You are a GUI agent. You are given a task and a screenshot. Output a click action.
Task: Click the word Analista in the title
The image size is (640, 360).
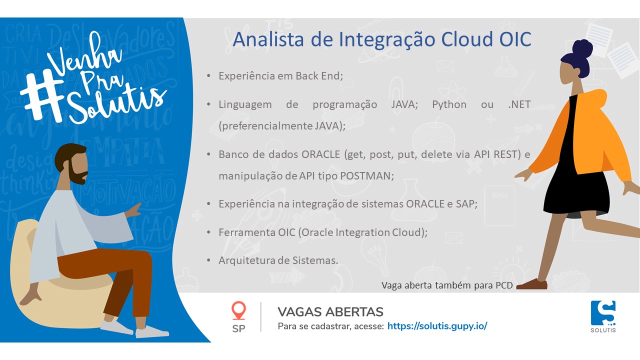click(x=268, y=39)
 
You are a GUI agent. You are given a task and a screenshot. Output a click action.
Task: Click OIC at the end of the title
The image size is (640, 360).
click(x=515, y=39)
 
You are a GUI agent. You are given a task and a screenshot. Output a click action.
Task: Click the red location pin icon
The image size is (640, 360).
click(x=238, y=310)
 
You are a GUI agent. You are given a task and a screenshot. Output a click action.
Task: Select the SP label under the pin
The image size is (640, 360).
click(x=238, y=329)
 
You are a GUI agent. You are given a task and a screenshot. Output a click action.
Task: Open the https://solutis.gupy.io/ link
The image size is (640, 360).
click(x=437, y=326)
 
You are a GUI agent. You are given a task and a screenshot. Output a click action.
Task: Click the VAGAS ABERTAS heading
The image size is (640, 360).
click(x=330, y=312)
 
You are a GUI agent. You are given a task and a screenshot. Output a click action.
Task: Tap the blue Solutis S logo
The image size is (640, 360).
click(x=603, y=313)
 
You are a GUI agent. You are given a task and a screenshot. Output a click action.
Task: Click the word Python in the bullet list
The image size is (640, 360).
click(x=449, y=104)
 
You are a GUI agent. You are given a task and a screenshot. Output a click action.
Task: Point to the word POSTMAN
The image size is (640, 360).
click(x=367, y=175)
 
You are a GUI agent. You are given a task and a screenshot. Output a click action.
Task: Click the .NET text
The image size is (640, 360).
click(x=519, y=104)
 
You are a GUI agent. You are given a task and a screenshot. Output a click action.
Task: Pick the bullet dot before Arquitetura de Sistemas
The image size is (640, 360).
click(x=208, y=260)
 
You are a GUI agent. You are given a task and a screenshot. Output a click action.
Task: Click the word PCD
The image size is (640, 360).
click(x=504, y=285)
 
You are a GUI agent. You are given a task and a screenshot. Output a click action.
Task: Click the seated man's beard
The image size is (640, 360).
click(x=77, y=174)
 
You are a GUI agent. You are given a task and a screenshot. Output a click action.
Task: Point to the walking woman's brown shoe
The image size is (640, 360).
click(x=531, y=284)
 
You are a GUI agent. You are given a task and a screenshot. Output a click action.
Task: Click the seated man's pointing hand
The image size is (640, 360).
click(x=133, y=210)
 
